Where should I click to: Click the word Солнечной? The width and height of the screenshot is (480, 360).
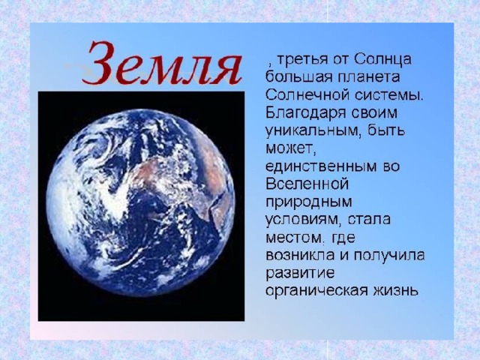click(307, 95)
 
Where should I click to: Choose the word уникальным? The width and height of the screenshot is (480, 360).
click(312, 130)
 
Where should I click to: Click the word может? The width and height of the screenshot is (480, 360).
click(290, 149)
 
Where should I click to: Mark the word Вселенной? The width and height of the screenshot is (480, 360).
click(307, 184)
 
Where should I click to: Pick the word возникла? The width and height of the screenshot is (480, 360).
click(300, 256)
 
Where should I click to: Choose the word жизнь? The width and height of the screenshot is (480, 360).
click(395, 290)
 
